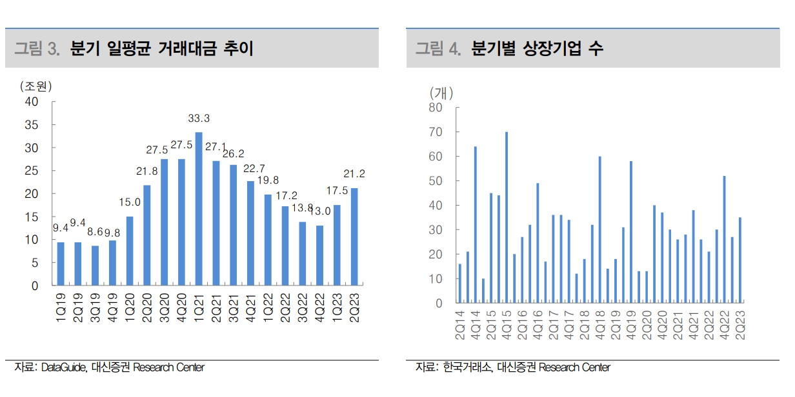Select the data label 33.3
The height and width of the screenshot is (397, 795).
[199, 119]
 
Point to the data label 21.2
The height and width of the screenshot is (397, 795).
[354, 174]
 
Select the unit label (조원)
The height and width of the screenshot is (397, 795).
[35, 86]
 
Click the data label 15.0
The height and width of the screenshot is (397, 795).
[130, 203]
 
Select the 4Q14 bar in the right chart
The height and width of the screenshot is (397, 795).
[476, 225]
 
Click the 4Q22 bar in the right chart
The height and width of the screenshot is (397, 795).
[725, 239]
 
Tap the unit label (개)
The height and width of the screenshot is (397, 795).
[442, 93]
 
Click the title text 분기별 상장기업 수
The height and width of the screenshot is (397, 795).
[537, 48]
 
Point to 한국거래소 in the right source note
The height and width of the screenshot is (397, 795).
[468, 367]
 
